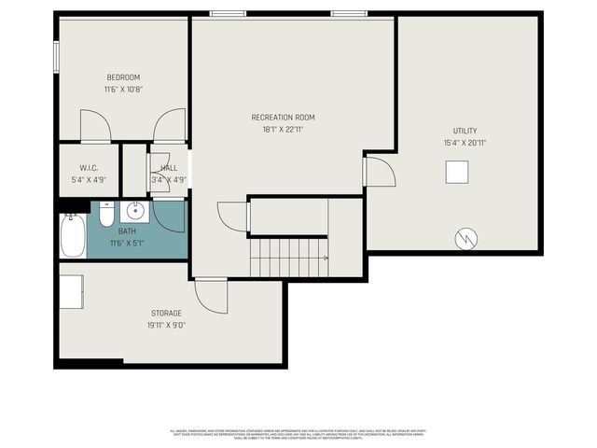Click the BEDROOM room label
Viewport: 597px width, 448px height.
pos(123,77)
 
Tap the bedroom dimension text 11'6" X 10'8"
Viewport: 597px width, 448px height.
pos(123,90)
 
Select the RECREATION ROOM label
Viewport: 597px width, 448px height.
pos(283,118)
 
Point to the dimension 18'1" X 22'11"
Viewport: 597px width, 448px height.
pos(283,130)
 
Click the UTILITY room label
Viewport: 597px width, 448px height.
pos(465,131)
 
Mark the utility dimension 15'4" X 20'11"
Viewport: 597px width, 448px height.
pos(465,143)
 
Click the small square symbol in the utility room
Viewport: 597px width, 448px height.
pos(456,173)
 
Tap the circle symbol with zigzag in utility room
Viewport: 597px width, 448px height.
pos(465,239)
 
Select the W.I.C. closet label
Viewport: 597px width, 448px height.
pos(90,169)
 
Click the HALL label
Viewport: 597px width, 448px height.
pos(169,168)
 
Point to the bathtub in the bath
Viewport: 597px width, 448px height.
pos(73,236)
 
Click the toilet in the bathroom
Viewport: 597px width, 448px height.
pos(106,216)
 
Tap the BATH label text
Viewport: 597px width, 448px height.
pos(126,231)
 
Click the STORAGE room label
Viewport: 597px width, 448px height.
pos(166,313)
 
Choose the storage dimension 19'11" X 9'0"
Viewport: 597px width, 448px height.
pos(166,326)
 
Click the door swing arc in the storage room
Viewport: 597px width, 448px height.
pos(213,297)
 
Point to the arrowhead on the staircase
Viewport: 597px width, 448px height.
pos(326,259)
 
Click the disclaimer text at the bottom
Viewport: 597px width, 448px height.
pos(298,434)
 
